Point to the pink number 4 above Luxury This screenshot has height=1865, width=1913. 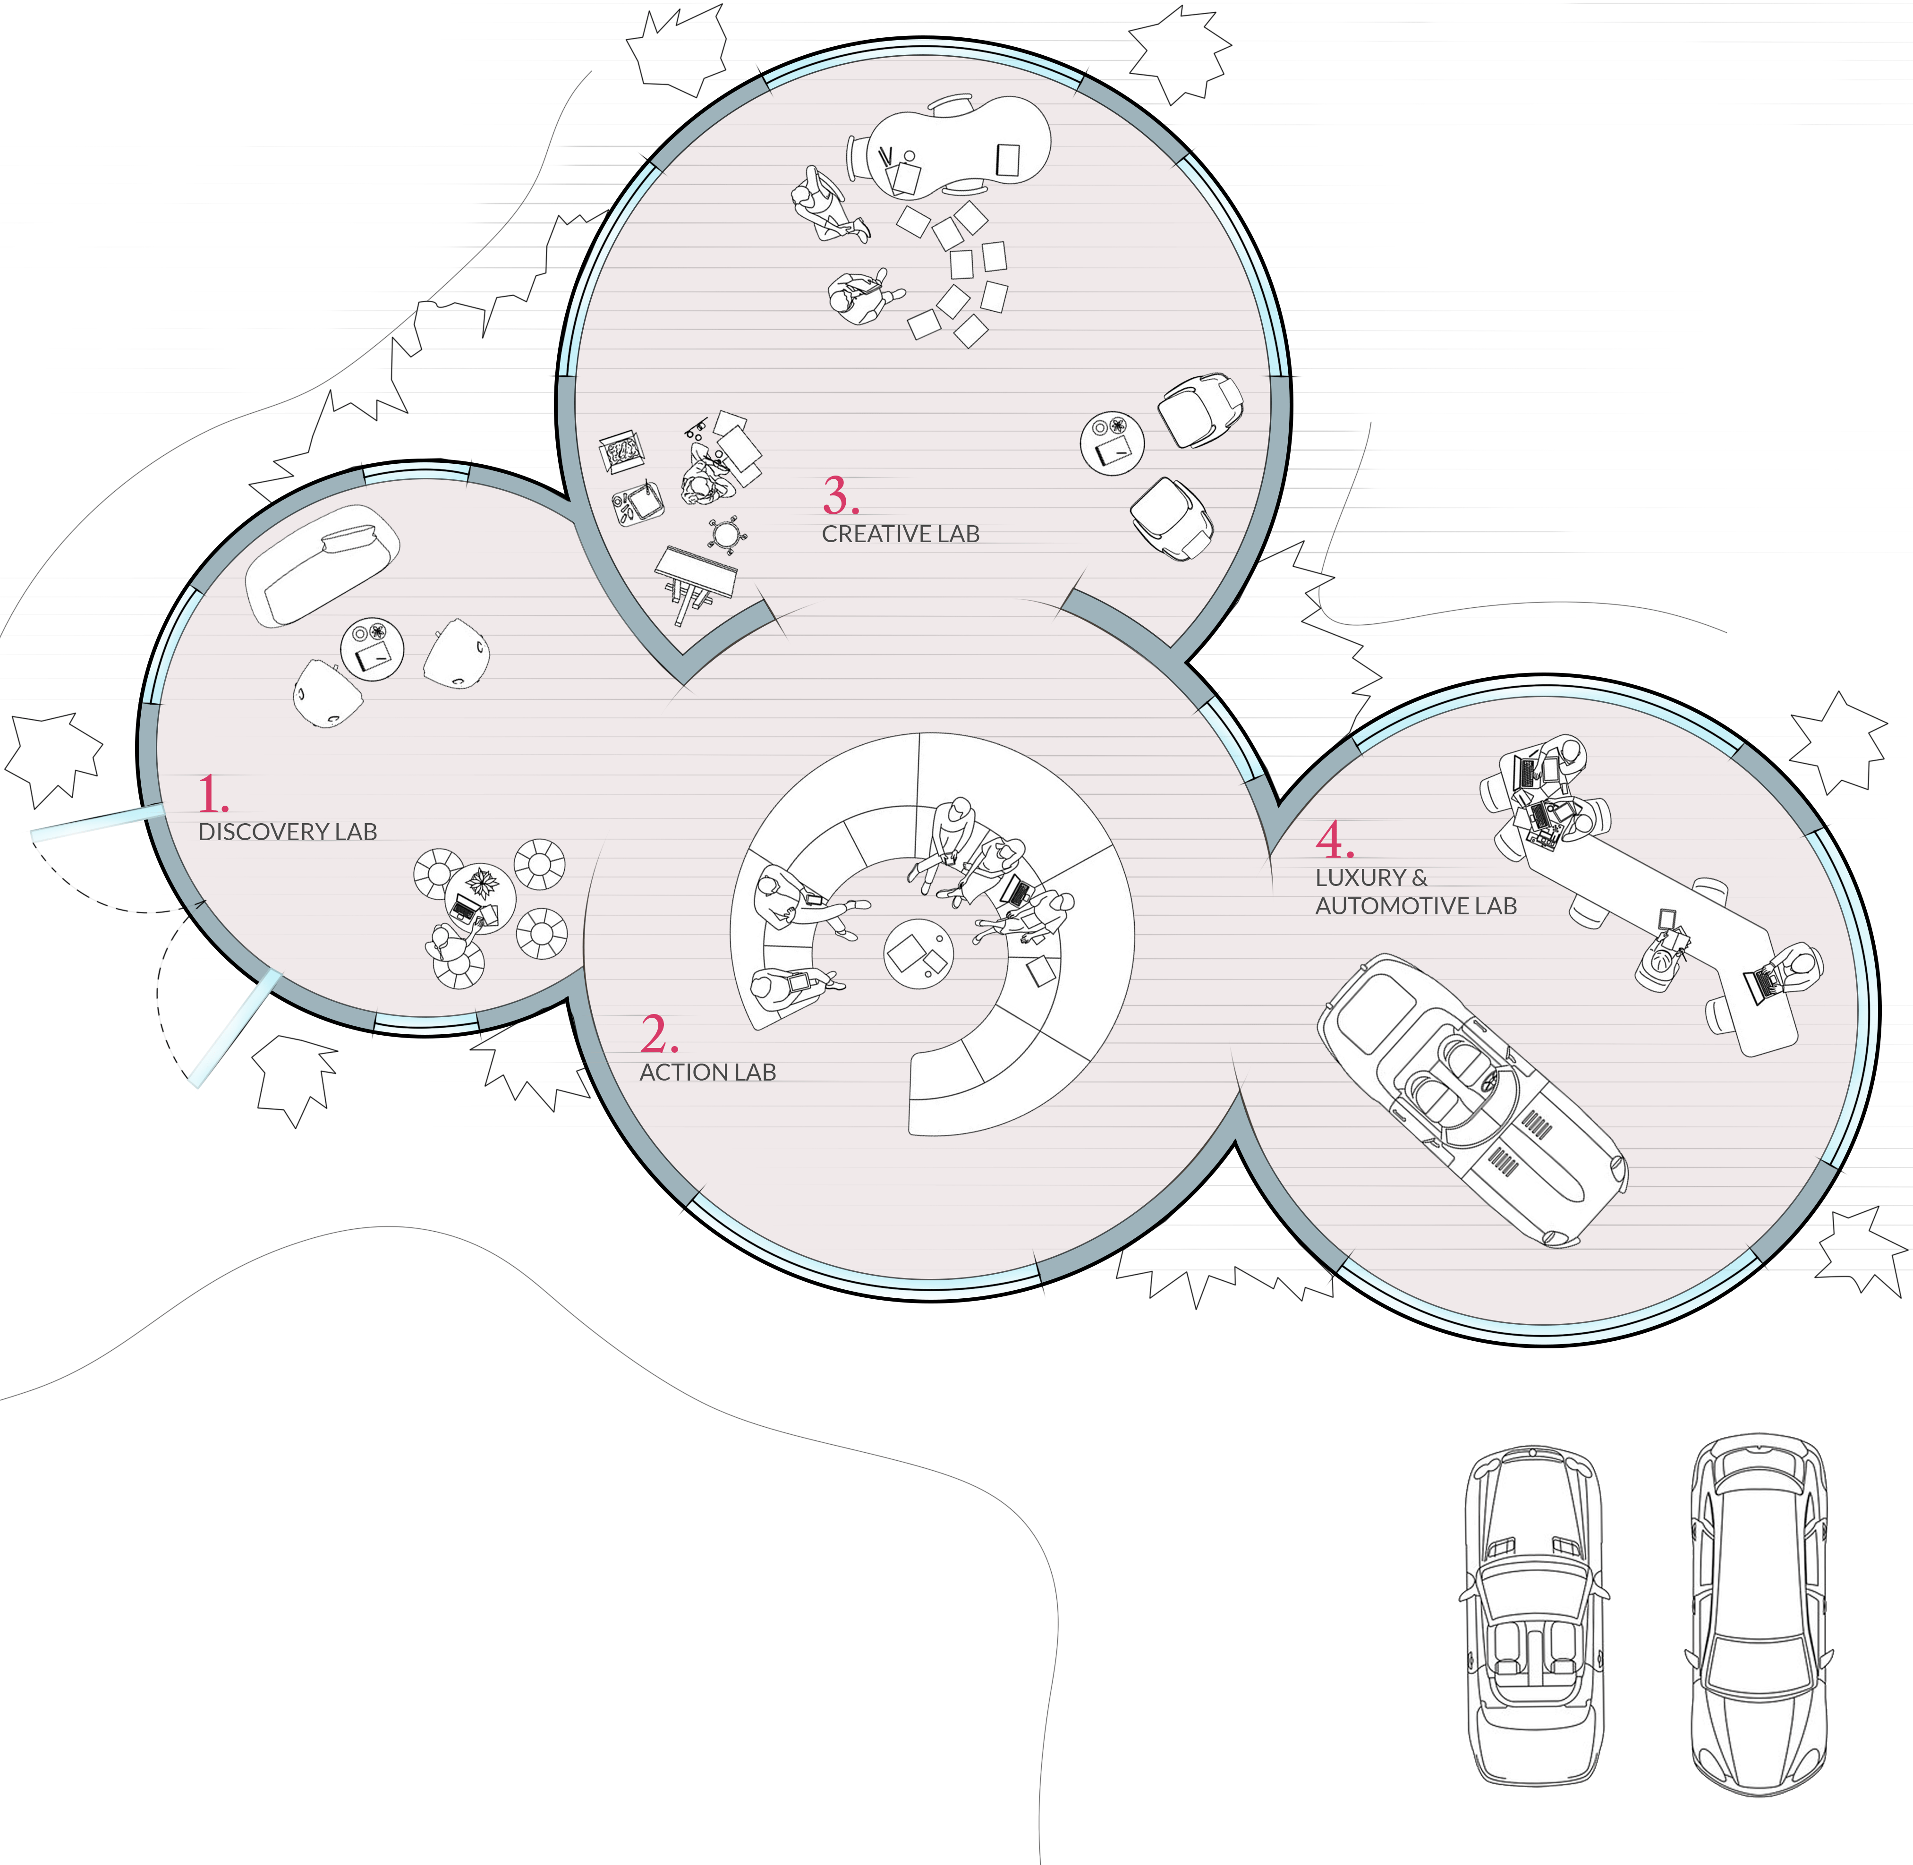1333,839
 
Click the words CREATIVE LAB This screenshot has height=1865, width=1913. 900,534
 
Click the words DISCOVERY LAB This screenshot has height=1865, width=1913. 287,832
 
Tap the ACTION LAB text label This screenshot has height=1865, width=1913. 707,1073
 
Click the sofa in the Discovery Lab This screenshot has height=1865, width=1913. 321,565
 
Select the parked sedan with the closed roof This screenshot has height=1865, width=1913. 1758,1614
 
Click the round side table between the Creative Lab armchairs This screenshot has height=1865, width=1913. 1112,443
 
